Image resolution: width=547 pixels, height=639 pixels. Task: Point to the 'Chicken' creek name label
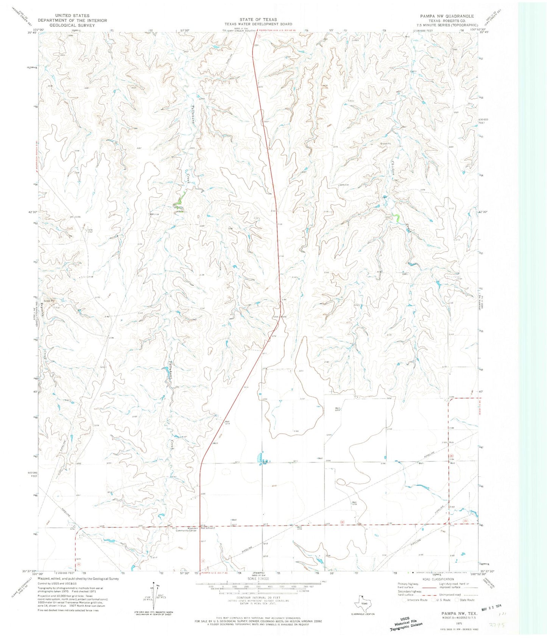(x=394, y=166)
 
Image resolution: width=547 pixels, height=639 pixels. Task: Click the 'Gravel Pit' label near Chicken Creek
(x=386, y=144)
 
